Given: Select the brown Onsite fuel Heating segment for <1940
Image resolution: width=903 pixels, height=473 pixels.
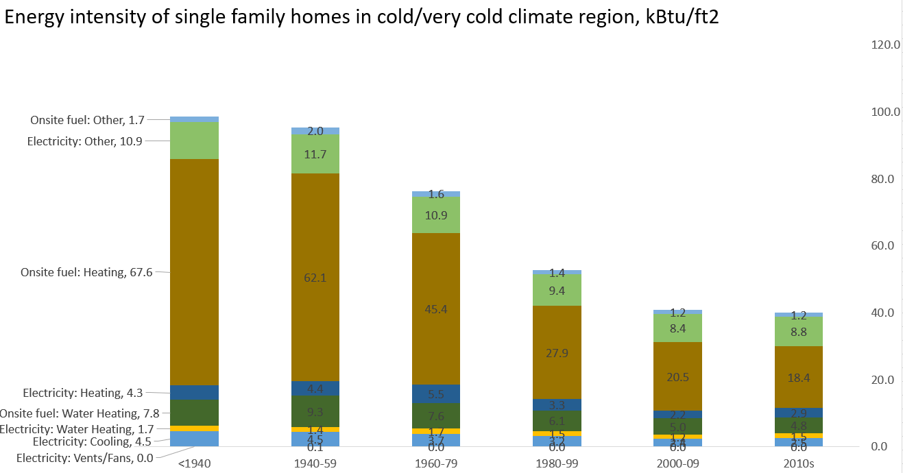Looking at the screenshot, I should click(x=195, y=271).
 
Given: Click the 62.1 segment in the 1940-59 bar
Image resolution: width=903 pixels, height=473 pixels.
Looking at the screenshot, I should click(x=315, y=278).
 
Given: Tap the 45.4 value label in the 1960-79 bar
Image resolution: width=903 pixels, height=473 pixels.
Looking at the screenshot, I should click(x=436, y=309).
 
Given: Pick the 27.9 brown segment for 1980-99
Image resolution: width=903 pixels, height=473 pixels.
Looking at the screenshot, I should click(x=557, y=352).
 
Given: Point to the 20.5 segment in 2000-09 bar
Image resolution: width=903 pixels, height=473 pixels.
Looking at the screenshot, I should click(x=677, y=376).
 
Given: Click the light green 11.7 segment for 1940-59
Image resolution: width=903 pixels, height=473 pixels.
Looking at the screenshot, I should click(x=315, y=154).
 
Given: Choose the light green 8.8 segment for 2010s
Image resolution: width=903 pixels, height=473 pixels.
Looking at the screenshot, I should click(x=798, y=331).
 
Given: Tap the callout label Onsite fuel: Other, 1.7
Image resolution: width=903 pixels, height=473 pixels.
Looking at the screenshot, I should click(x=87, y=120).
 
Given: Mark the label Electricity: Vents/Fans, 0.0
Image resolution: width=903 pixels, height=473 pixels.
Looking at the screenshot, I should click(x=85, y=458).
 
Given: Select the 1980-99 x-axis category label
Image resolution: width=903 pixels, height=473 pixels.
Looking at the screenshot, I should click(x=557, y=464).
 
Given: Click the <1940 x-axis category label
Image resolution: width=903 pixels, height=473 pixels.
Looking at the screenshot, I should click(x=195, y=464).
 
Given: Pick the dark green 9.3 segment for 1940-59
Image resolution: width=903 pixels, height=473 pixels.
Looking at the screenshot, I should click(x=315, y=412).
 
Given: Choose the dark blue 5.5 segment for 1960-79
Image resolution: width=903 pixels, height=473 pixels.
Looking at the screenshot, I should click(x=436, y=394).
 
